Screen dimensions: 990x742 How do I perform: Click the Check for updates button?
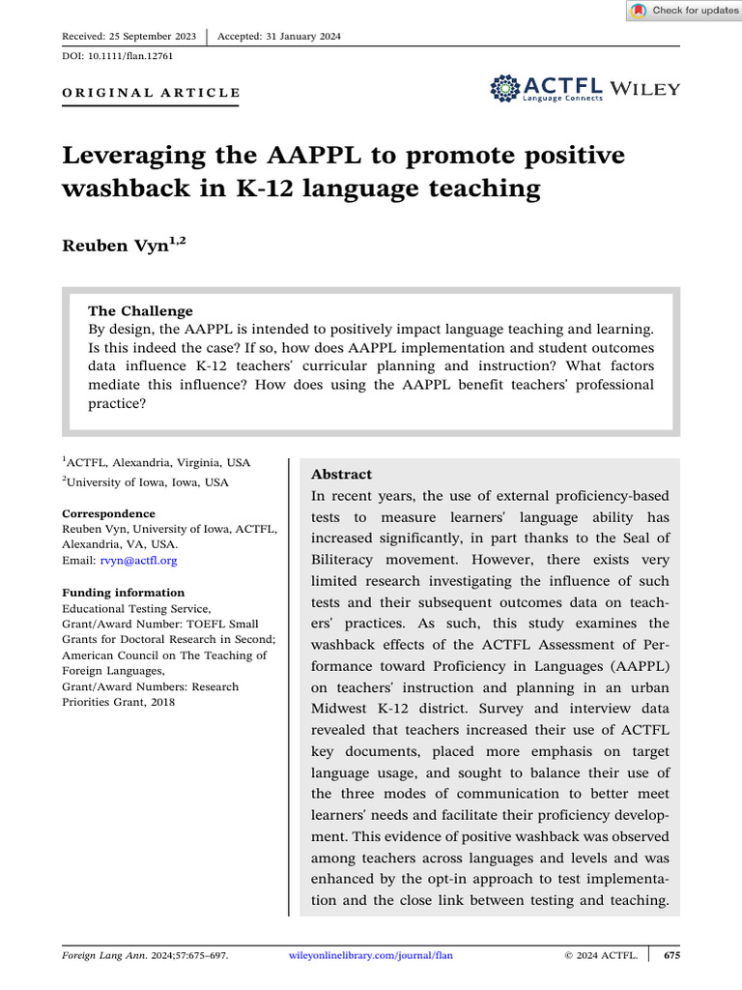click(x=684, y=11)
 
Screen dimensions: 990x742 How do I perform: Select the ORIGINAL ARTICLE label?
click(x=151, y=93)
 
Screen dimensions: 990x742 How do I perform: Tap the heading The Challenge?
click(x=140, y=311)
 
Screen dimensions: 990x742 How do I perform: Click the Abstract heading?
click(x=341, y=475)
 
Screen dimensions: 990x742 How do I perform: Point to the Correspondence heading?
click(x=108, y=513)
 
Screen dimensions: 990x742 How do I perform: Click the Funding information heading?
click(x=123, y=593)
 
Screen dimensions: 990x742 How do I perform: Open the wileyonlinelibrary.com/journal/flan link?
click(x=371, y=955)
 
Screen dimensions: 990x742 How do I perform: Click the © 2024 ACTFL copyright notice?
click(x=600, y=955)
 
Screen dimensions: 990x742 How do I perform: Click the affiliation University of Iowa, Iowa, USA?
click(x=148, y=481)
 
